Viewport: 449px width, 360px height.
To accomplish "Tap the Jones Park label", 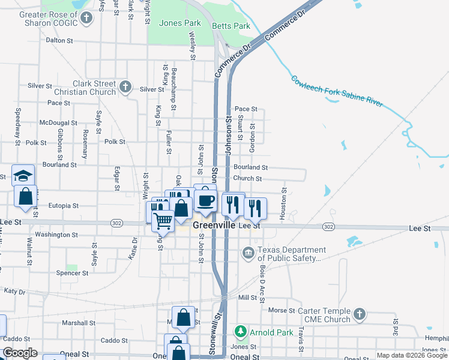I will click(x=179, y=23).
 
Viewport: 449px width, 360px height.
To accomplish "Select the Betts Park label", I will click(x=231, y=26).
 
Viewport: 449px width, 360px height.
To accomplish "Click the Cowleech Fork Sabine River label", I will click(x=336, y=91).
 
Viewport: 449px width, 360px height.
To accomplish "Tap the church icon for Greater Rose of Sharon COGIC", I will click(x=86, y=17).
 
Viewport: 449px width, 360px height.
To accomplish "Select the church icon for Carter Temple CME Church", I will click(x=359, y=314).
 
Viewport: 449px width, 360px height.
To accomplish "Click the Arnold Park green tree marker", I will click(x=240, y=332).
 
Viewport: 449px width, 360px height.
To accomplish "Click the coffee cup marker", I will click(x=205, y=201).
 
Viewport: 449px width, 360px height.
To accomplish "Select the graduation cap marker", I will click(x=23, y=175).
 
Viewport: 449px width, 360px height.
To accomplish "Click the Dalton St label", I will click(x=59, y=40).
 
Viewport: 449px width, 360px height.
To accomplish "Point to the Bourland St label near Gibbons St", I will click(x=59, y=164).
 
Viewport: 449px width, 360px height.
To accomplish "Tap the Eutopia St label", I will click(x=63, y=205).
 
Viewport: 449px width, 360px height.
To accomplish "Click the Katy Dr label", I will click(x=14, y=292).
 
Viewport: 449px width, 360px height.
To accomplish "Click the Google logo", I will click(x=20, y=353).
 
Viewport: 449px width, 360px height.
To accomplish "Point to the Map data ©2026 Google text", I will click(x=411, y=355).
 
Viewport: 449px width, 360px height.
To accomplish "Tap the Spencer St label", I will click(x=72, y=273).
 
